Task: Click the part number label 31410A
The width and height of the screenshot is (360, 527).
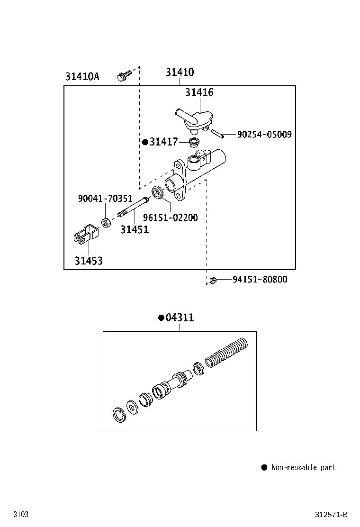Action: point(82,76)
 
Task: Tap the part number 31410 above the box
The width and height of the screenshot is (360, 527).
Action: point(180,73)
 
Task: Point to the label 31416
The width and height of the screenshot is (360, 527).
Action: point(199,93)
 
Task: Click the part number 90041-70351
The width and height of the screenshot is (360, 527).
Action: point(105,199)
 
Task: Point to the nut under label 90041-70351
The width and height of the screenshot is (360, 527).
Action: point(107,221)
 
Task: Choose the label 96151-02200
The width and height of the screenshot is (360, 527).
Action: point(171,218)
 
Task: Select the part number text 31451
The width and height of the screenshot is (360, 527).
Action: point(135,230)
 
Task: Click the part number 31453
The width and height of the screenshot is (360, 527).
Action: point(88,261)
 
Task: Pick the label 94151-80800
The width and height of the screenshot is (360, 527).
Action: point(260,280)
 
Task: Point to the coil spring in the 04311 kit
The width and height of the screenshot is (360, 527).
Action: point(226,352)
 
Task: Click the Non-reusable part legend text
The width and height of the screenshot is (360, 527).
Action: point(303,467)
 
